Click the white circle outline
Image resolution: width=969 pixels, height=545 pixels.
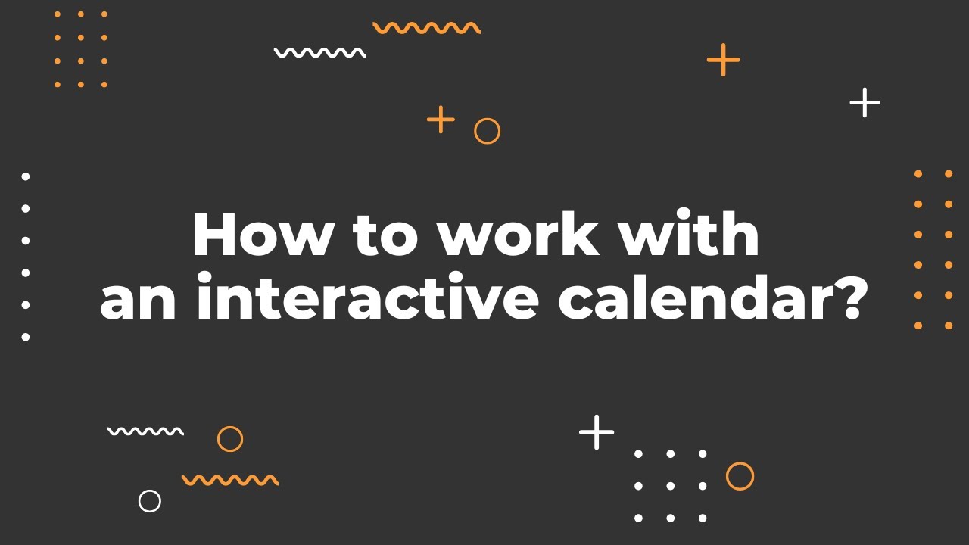[150, 500]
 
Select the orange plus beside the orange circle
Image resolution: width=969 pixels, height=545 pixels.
[441, 120]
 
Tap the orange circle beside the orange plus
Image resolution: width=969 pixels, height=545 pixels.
[487, 131]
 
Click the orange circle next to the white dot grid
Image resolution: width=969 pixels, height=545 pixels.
[740, 476]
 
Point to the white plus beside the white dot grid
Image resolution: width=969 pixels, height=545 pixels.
[597, 432]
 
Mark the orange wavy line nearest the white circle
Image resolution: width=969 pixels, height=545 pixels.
[230, 480]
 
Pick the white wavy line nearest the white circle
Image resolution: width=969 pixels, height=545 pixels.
[145, 431]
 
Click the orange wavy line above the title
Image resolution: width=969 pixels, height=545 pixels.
[426, 28]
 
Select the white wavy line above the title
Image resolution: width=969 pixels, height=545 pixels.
[319, 53]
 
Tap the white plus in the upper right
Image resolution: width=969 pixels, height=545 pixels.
[865, 102]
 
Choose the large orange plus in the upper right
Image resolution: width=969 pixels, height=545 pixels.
[723, 60]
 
